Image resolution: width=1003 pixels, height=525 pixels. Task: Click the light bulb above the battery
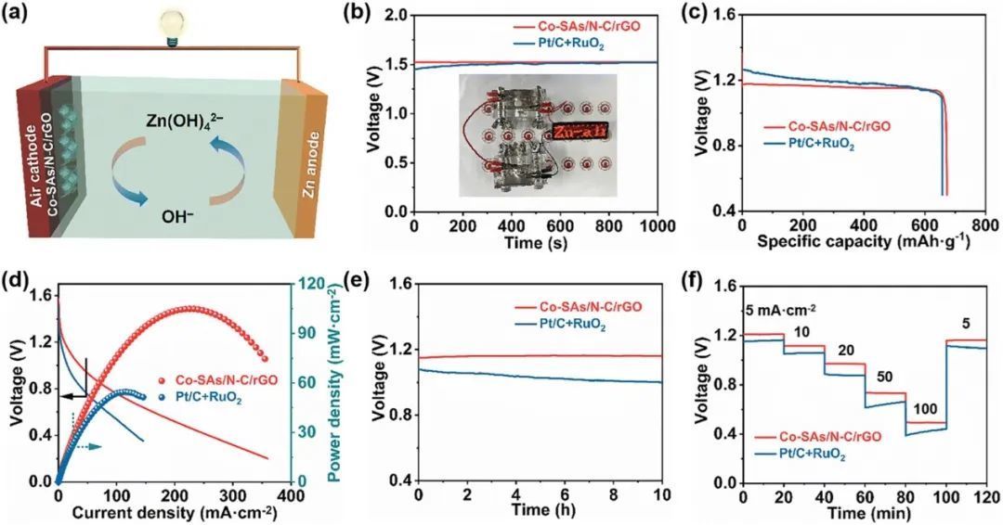tap(170, 26)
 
